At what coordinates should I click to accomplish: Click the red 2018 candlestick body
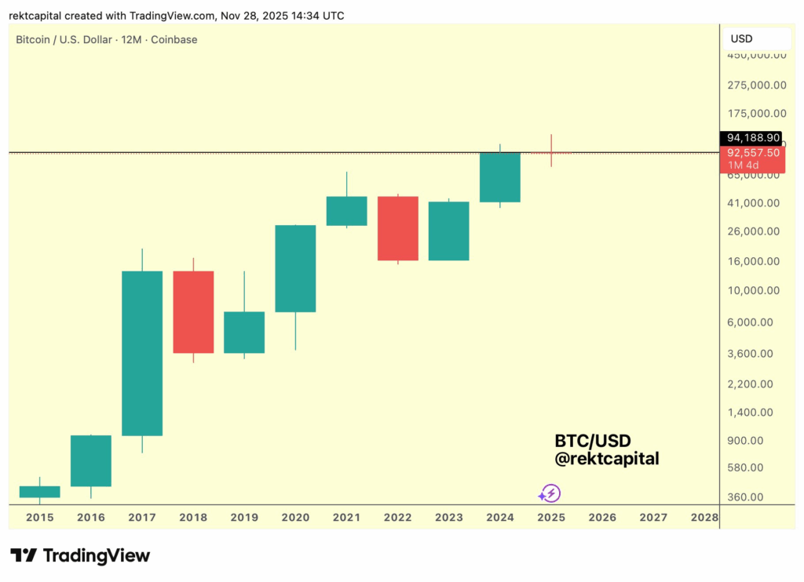(x=193, y=311)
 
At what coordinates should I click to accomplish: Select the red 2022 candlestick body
(x=398, y=228)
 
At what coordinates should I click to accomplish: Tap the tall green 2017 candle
(x=142, y=353)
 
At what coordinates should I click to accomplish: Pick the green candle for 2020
(x=295, y=268)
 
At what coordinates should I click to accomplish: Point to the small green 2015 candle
(x=39, y=492)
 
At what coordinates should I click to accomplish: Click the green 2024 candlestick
(x=500, y=177)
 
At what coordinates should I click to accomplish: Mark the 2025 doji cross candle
(x=551, y=152)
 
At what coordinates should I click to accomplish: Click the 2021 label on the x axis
(x=346, y=518)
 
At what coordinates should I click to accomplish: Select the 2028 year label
(x=704, y=518)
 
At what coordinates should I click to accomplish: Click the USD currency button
(x=742, y=38)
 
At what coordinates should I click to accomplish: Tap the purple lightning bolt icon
(x=550, y=493)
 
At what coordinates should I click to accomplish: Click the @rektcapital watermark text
(x=606, y=459)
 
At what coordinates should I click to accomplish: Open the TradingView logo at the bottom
(x=80, y=556)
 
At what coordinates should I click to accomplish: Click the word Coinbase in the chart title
(x=175, y=39)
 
